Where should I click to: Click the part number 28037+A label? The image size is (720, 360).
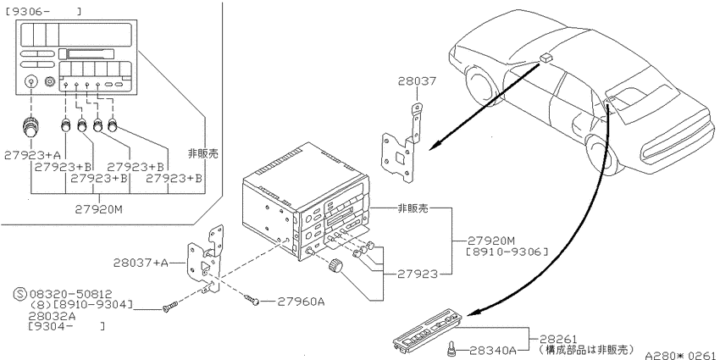[141, 263]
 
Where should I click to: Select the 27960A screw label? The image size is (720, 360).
[302, 302]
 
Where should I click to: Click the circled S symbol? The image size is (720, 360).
[20, 294]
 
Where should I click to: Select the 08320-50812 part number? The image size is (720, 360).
[70, 294]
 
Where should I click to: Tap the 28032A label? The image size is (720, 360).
[52, 316]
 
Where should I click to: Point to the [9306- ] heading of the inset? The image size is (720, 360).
[43, 12]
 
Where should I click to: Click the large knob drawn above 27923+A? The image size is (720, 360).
[30, 128]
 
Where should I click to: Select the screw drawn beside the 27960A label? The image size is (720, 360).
[252, 299]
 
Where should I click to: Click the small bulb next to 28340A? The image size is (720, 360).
[451, 351]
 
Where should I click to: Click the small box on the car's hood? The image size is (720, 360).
[546, 57]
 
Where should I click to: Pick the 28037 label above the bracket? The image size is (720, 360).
[417, 81]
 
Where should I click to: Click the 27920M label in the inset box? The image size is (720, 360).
[99, 209]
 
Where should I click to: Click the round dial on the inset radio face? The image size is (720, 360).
[30, 83]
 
